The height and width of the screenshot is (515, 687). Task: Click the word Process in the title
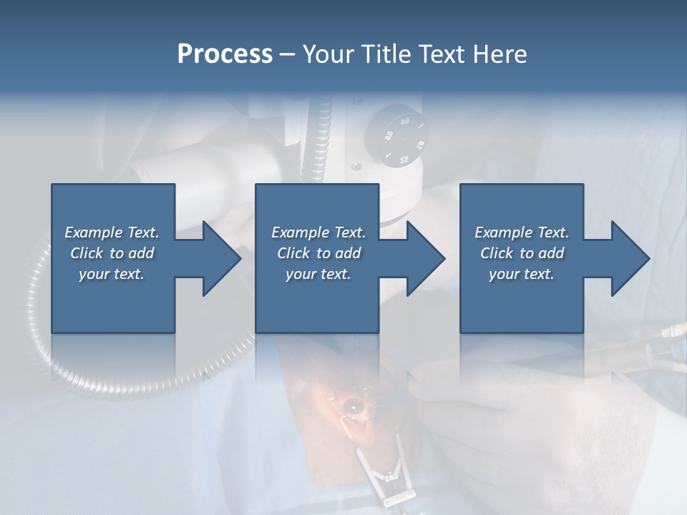(x=225, y=54)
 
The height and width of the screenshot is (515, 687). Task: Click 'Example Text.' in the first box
(x=112, y=232)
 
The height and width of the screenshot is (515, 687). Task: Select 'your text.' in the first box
(x=112, y=274)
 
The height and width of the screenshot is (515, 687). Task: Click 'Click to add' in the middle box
(x=318, y=253)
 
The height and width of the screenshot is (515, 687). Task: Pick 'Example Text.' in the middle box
(x=318, y=232)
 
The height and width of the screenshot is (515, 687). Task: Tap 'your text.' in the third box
(x=521, y=274)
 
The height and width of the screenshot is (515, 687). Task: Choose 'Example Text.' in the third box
(x=521, y=232)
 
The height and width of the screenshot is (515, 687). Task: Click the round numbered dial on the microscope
(x=395, y=136)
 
